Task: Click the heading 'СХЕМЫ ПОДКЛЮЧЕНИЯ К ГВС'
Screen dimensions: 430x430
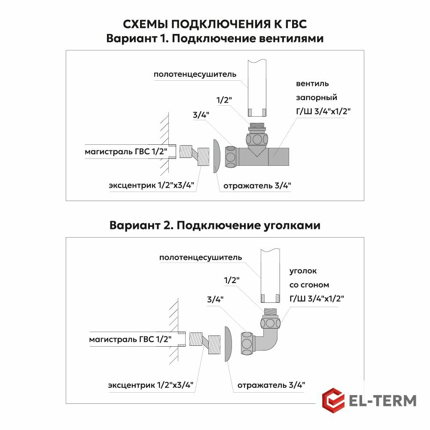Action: pos(215,24)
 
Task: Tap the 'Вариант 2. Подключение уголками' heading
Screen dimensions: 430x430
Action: pos(215,225)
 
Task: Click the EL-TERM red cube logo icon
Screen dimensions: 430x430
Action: pos(333,400)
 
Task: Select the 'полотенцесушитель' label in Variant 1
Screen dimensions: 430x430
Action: pos(195,74)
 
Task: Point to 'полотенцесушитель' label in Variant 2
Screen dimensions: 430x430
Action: pos(200,258)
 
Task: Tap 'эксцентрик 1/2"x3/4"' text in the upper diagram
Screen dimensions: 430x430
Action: pos(151,186)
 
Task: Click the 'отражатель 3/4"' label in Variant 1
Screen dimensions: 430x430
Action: pos(257,186)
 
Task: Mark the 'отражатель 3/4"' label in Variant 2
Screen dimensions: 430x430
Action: pos(271,385)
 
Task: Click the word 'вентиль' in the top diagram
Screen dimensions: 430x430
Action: pos(312,83)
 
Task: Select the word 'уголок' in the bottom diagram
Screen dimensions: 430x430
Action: pos(303,271)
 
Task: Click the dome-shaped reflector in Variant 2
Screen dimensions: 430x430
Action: pos(228,343)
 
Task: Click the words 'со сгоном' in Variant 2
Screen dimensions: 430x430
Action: pos(309,285)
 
